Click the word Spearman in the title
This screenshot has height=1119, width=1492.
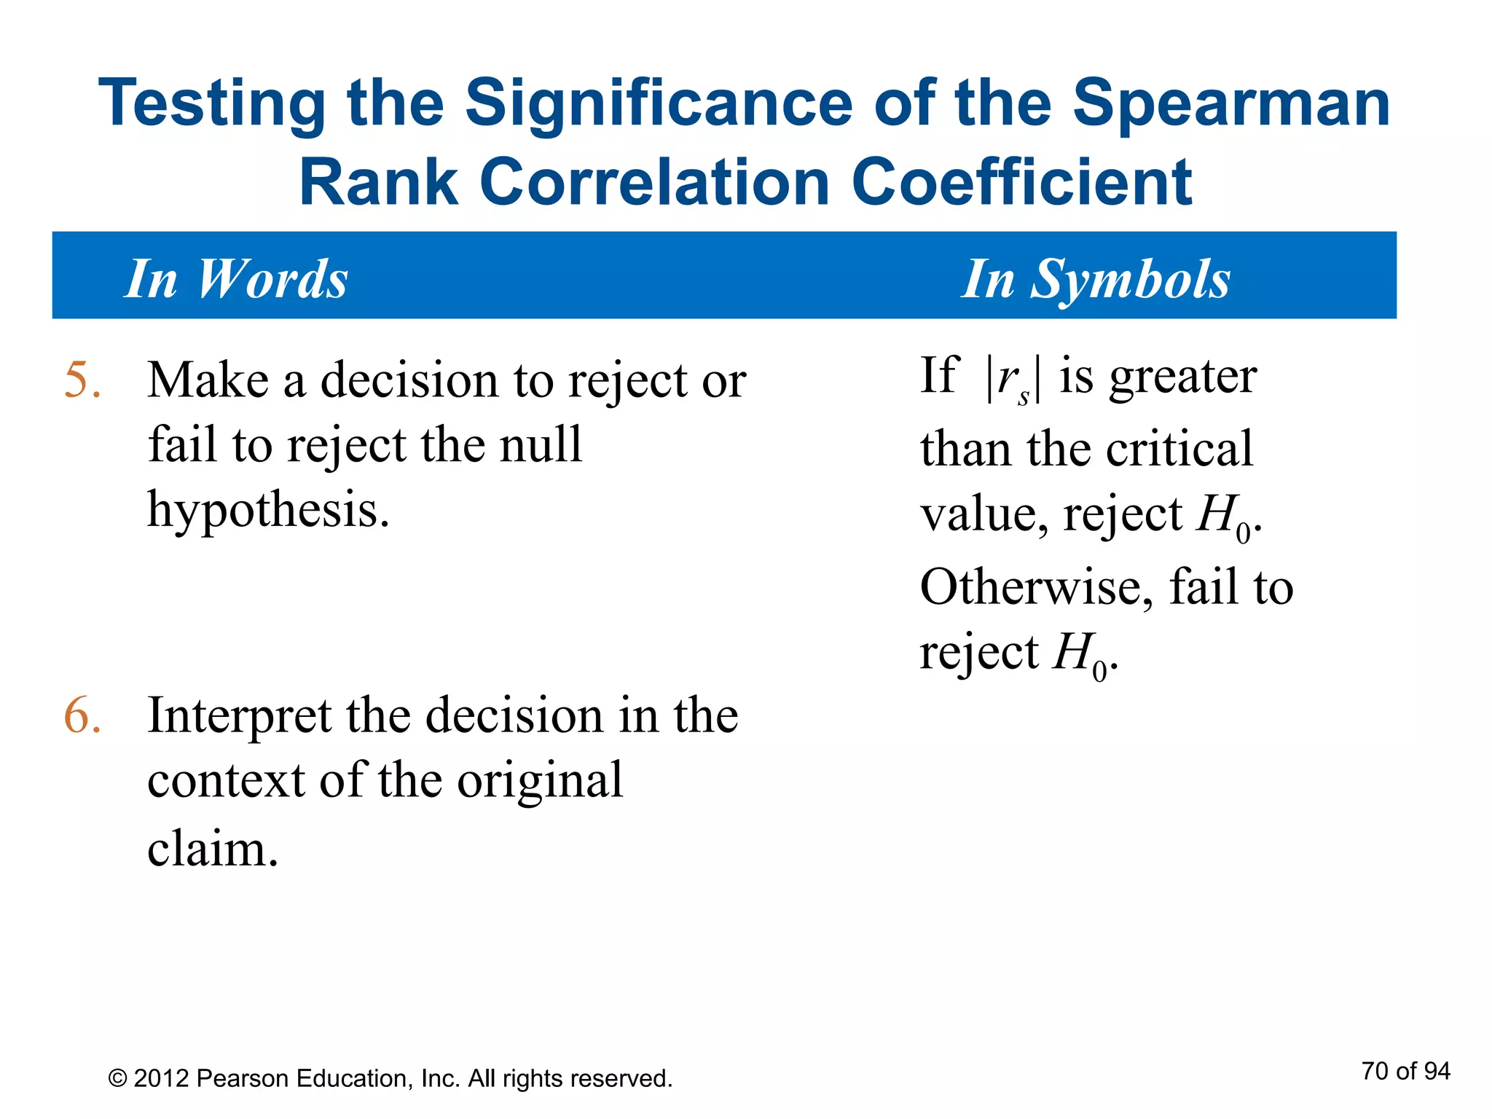[x=1231, y=103]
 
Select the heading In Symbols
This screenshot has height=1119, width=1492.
[x=1095, y=279]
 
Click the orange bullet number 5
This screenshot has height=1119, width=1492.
[x=82, y=380]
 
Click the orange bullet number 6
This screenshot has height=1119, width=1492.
[x=82, y=715]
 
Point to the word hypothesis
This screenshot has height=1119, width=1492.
[x=267, y=510]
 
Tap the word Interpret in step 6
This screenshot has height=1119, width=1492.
[x=239, y=717]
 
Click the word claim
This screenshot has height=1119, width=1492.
[x=212, y=849]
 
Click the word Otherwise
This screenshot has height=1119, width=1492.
[x=1036, y=587]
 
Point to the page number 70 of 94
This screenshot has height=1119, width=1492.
[x=1405, y=1071]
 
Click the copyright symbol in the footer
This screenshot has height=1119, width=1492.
[x=117, y=1079]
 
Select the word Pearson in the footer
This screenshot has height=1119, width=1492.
[x=242, y=1079]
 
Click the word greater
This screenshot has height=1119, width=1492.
[x=1182, y=377]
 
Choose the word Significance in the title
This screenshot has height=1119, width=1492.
[x=659, y=103]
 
